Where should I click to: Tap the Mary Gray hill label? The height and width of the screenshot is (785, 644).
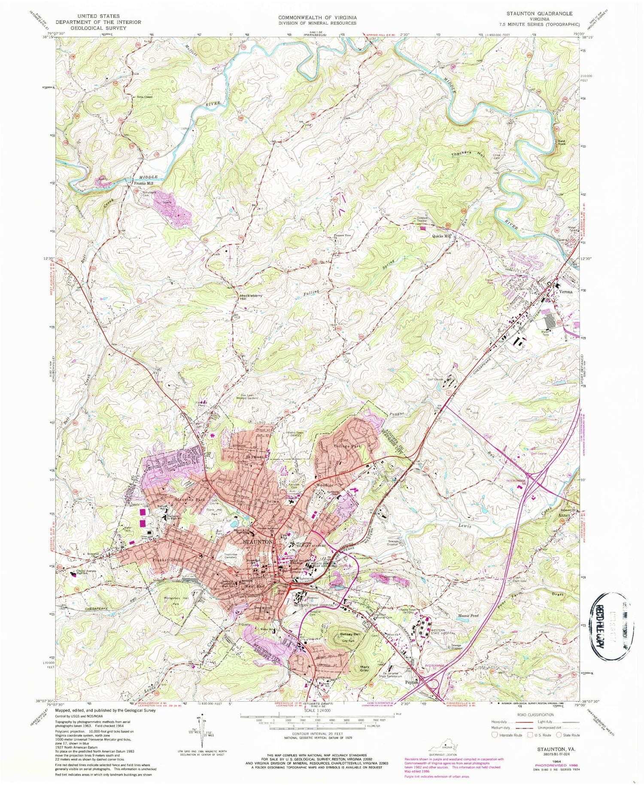point(365,669)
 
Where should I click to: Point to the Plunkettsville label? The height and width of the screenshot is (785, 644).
point(167,560)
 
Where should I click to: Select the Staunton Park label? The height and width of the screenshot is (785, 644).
point(189,500)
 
